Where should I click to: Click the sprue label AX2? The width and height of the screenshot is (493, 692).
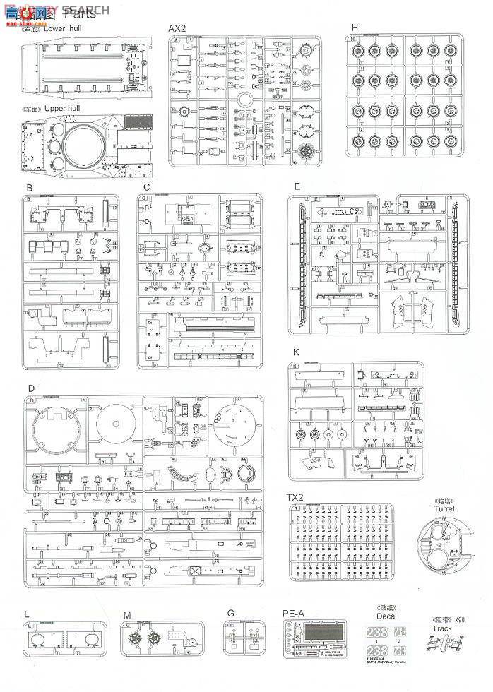point(176,28)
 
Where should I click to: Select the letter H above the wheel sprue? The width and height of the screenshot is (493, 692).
point(355,27)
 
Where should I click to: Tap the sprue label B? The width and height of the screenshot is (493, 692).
point(29,187)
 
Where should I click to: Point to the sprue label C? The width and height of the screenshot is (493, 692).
point(145,187)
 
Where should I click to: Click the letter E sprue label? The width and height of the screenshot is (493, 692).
point(297,187)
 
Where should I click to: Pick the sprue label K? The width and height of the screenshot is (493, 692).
point(297,351)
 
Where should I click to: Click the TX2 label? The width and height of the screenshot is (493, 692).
point(296,497)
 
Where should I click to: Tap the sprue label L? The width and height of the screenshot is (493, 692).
point(26,614)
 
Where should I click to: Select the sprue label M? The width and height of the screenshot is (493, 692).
point(126,614)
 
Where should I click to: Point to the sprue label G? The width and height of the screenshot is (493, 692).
point(230,614)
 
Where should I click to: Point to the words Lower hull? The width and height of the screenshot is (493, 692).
point(63,30)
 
